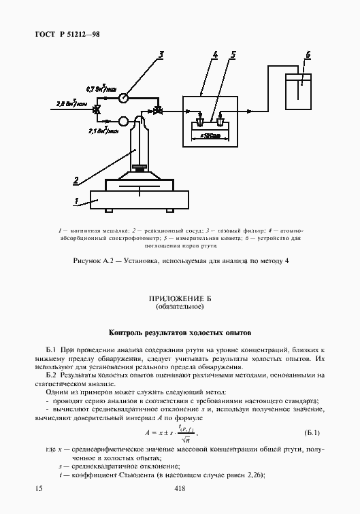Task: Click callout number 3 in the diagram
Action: (x=161, y=54)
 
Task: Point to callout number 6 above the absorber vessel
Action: (x=307, y=54)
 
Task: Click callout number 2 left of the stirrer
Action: (x=76, y=179)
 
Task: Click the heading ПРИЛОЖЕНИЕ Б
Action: (x=180, y=299)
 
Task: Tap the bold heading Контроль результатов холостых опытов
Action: (x=180, y=333)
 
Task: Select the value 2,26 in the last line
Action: (x=253, y=475)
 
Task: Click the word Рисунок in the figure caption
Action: (x=88, y=261)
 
